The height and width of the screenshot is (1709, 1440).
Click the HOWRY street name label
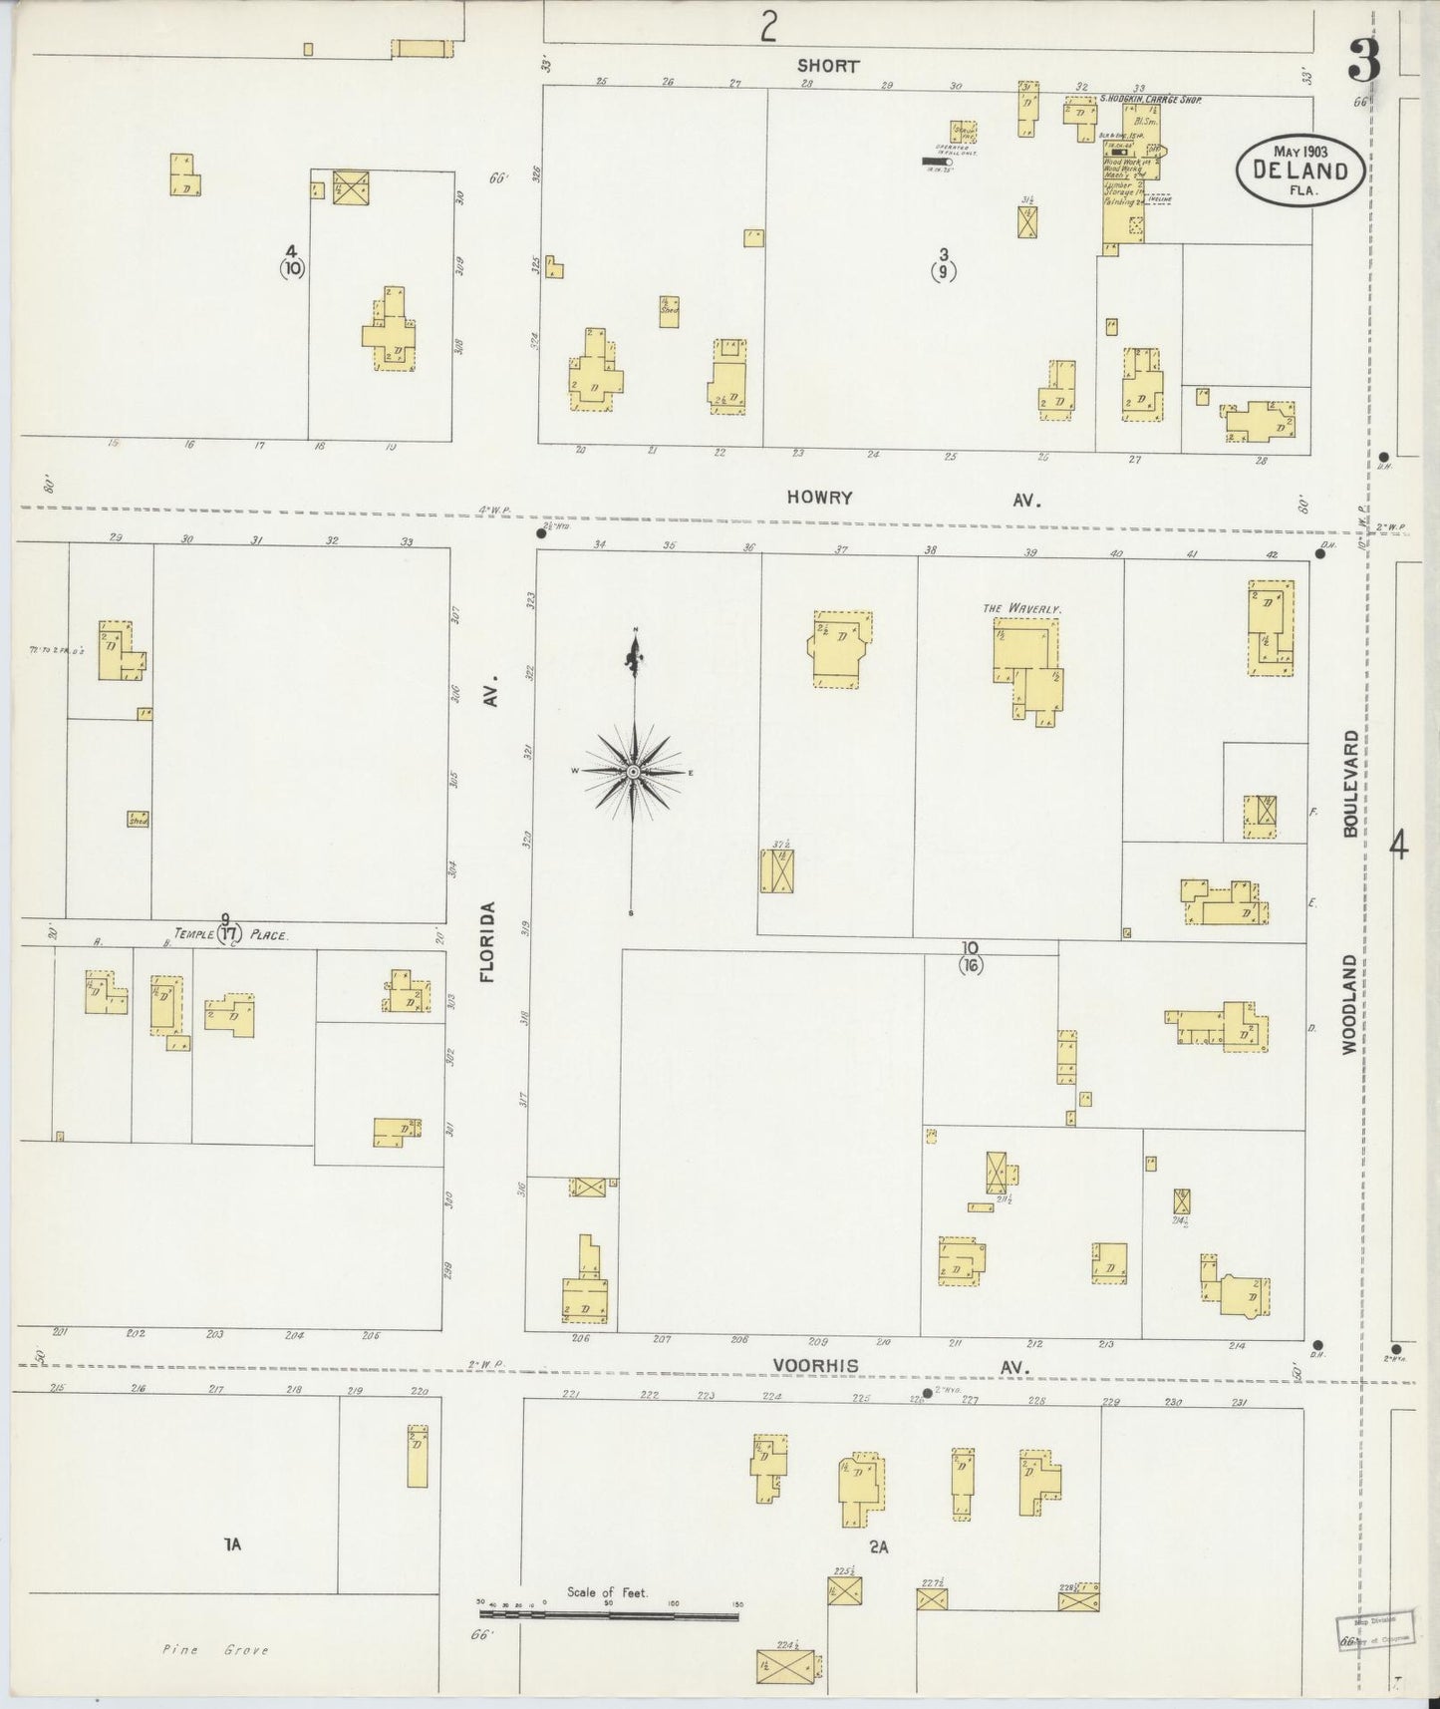coord(819,498)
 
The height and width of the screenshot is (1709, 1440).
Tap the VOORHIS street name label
coord(814,1366)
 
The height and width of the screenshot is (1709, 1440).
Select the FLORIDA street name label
coord(488,942)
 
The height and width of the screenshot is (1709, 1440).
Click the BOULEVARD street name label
coord(1349,784)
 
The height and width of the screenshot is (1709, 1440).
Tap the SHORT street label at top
coord(827,66)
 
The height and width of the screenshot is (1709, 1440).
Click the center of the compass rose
coord(633,772)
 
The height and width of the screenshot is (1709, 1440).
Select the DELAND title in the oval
coord(1300,171)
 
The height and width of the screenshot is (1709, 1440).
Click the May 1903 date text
coord(1300,150)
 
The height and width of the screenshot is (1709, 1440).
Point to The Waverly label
coord(1022,607)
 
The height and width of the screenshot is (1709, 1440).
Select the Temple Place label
coord(231,935)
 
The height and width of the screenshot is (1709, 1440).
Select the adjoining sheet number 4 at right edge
coord(1399,848)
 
